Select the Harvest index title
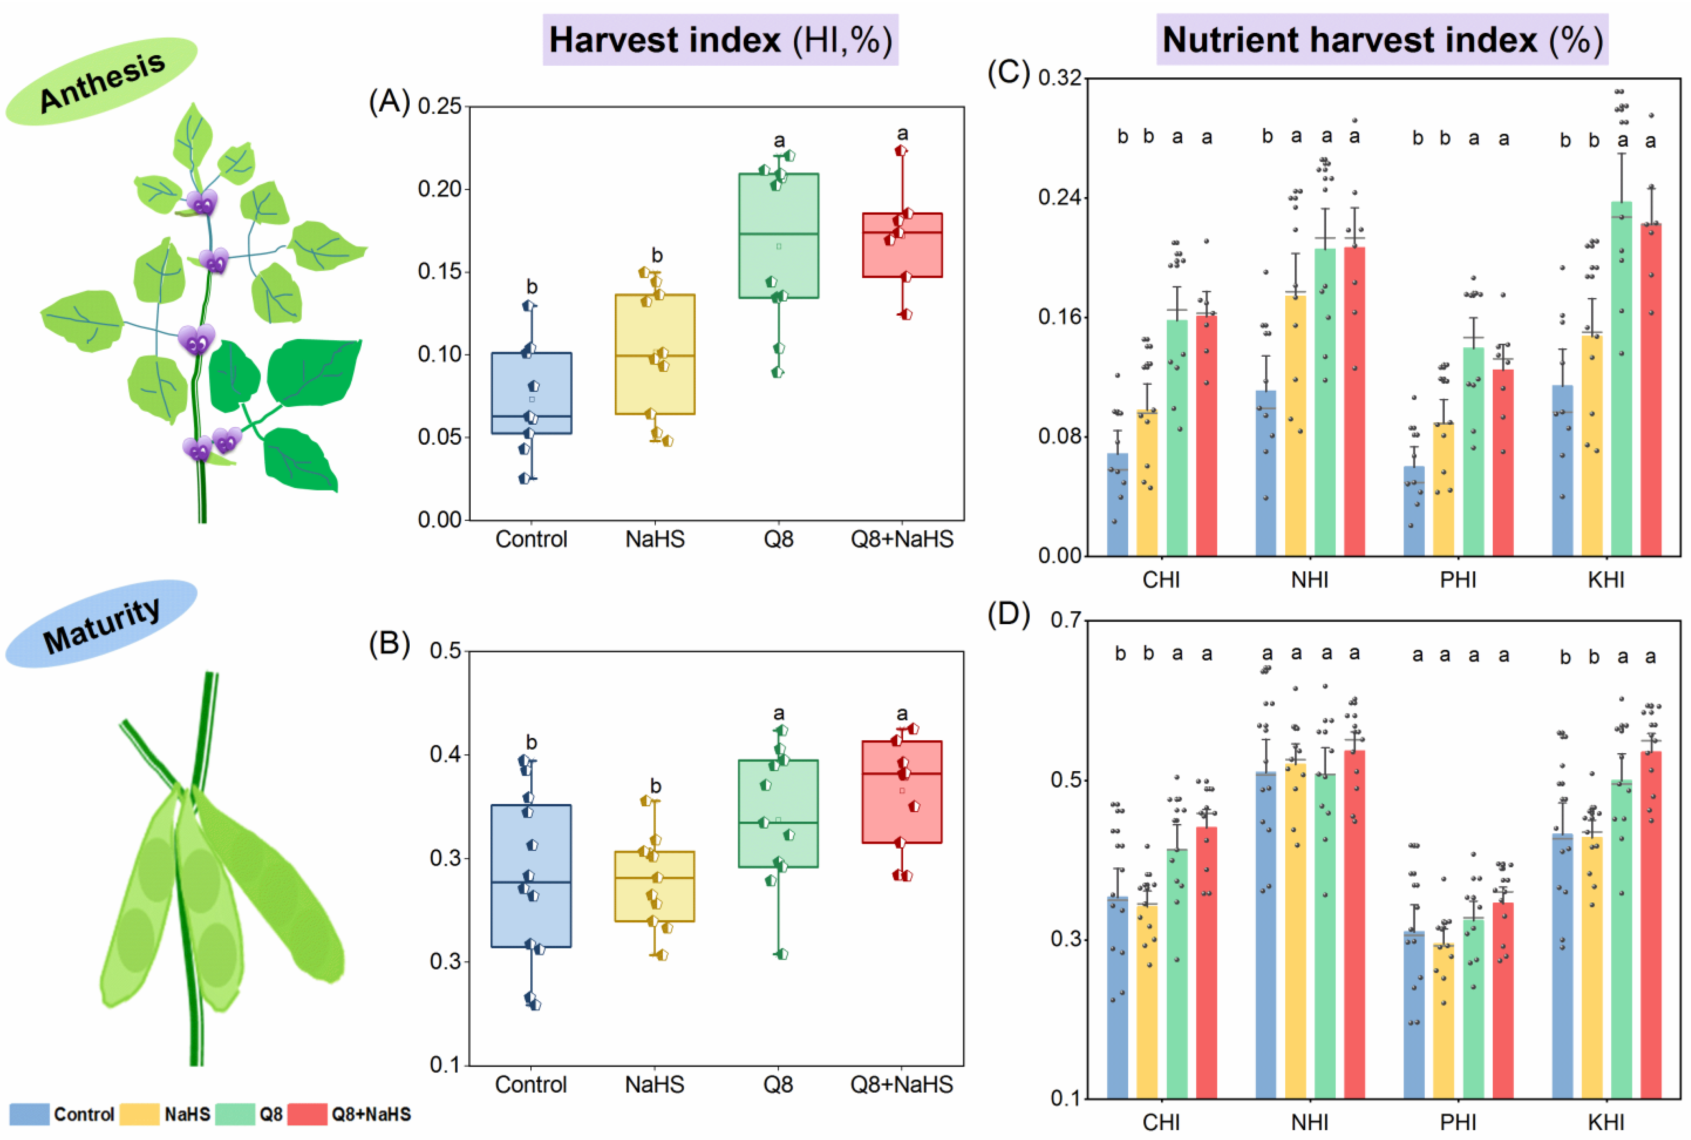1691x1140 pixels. pyautogui.click(x=719, y=40)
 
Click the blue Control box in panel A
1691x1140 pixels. pyautogui.click(x=531, y=393)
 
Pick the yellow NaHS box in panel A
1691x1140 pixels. pyautogui.click(x=655, y=354)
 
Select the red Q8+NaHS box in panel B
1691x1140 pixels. pyautogui.click(x=902, y=792)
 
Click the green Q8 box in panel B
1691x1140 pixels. pyautogui.click(x=778, y=813)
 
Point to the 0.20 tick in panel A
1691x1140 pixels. pyautogui.click(x=440, y=189)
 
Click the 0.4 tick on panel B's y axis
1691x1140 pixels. pyautogui.click(x=446, y=754)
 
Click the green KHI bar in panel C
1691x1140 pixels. pyautogui.click(x=1621, y=378)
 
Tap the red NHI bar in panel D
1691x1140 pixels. pyautogui.click(x=1354, y=923)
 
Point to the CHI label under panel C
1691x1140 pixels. pyautogui.click(x=1161, y=579)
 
